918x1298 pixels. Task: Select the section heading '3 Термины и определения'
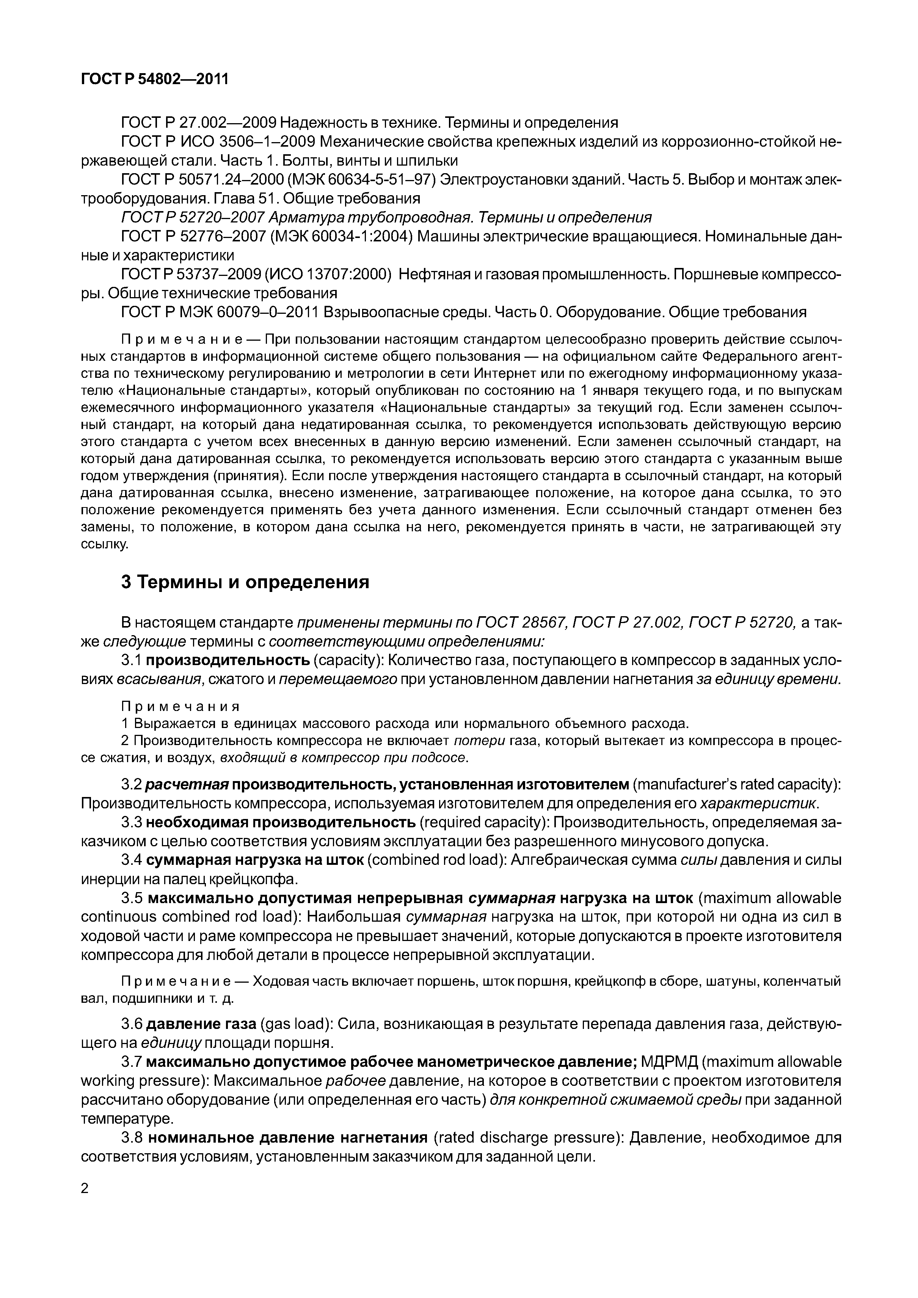point(245,582)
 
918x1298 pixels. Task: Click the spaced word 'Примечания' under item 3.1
point(181,707)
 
